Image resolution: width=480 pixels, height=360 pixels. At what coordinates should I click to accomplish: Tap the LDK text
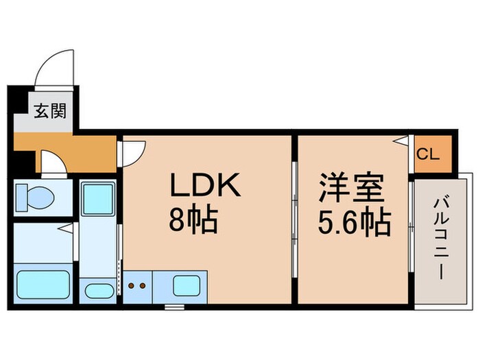coord(205,186)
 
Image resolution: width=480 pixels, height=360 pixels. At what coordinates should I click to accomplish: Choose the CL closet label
coord(428,154)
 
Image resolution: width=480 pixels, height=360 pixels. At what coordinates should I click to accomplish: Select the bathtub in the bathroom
coord(42,284)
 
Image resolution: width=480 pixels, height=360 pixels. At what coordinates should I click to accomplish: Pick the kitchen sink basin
coord(185,284)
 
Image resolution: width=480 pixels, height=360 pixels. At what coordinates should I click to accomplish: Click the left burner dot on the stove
coord(133,285)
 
